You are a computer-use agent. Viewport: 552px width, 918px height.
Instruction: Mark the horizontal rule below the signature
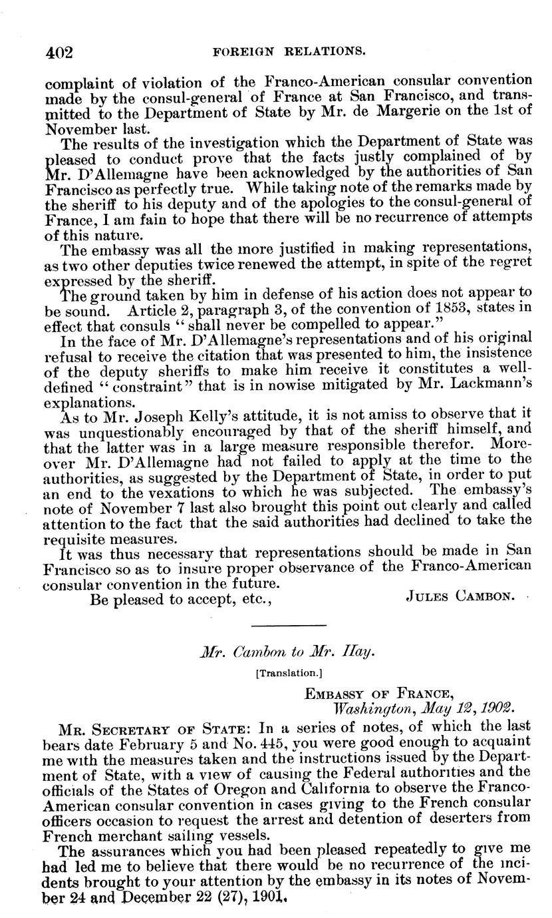[x=290, y=625]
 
